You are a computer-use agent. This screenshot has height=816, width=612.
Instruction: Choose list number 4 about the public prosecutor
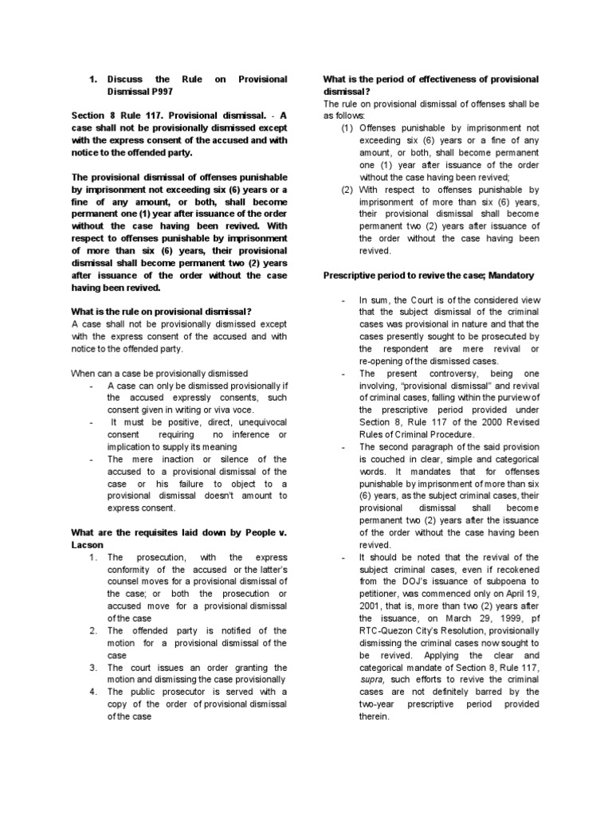tap(93, 691)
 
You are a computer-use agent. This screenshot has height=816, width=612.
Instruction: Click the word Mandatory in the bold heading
tap(504, 275)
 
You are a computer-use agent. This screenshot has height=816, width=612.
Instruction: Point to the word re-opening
tap(386, 361)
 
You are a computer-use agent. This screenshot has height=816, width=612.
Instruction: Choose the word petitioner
tap(384, 594)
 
